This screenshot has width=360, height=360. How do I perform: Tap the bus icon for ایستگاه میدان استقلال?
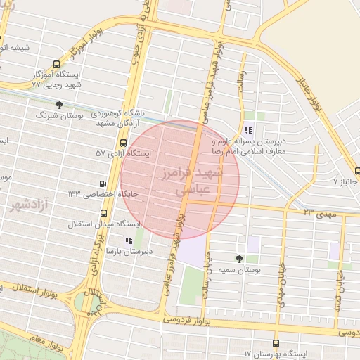104,213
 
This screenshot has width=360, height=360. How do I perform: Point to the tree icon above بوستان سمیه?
240,259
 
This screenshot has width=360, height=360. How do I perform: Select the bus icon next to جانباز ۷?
357,171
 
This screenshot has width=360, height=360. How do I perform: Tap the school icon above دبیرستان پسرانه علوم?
247,130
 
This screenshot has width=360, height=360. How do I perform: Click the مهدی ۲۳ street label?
320,210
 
